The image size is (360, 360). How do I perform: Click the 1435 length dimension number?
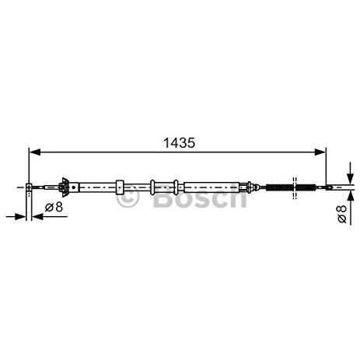[x=179, y=143]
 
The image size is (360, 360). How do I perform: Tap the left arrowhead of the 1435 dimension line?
[x=35, y=152]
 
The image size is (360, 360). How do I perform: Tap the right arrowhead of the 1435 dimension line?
[x=320, y=152]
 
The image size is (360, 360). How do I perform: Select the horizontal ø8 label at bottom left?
[x=54, y=207]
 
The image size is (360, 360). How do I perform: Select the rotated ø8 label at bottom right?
[x=342, y=214]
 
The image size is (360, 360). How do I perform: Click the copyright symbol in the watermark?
[x=128, y=197]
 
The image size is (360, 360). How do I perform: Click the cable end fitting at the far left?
[x=29, y=187]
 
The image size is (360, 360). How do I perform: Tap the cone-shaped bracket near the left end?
[x=64, y=187]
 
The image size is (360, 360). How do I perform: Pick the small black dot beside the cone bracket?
[x=74, y=187]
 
